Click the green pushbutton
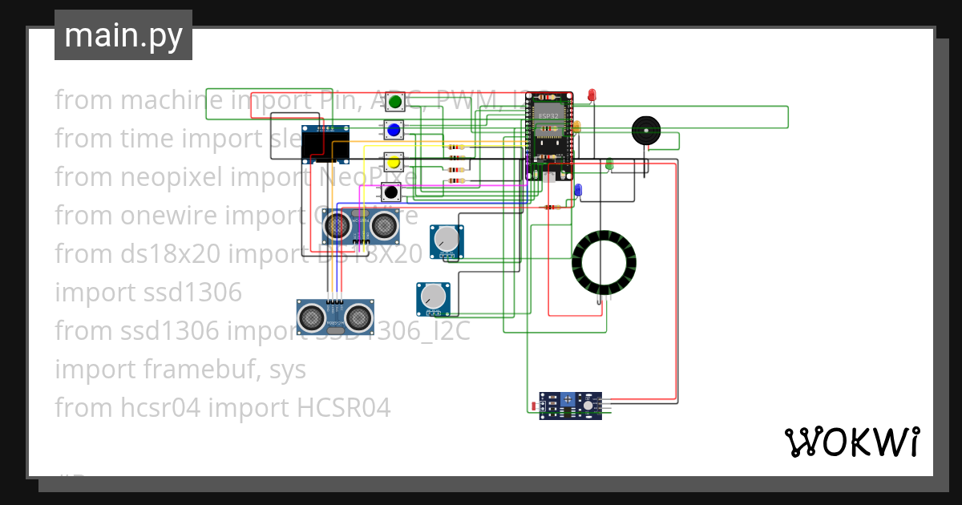coord(394,102)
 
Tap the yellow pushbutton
coord(393,163)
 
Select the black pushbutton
coord(390,192)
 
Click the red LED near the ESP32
coord(592,95)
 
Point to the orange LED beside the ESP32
coord(576,126)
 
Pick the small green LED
coord(608,164)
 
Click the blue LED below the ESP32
coord(578,190)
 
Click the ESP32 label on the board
coord(549,116)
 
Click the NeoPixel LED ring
coord(604,262)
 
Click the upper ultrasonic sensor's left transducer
coord(337,228)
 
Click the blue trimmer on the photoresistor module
coord(567,399)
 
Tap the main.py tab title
coord(123,35)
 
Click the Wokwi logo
coord(851,442)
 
